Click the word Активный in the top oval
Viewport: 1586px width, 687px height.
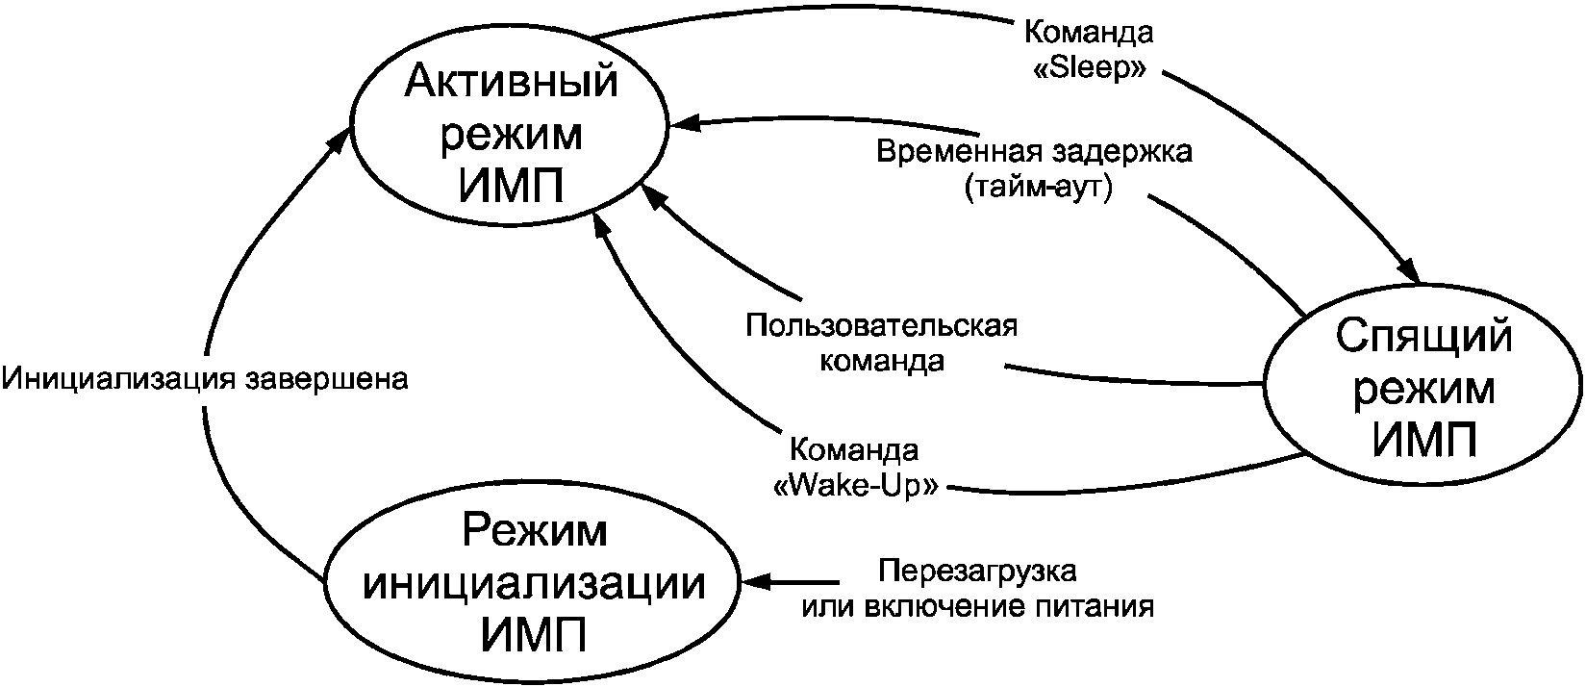pos(512,82)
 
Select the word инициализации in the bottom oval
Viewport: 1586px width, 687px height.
pos(534,585)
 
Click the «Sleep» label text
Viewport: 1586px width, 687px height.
pos(1089,68)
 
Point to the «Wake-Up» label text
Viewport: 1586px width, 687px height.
pos(857,486)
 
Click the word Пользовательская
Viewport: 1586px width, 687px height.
pos(882,326)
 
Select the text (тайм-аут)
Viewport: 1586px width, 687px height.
pos(1038,188)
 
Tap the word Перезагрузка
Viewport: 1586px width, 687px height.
pos(977,571)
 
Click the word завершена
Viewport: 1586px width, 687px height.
pos(326,380)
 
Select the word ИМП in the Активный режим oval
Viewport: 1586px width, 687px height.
pos(512,186)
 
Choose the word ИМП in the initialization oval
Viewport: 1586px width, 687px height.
pos(534,635)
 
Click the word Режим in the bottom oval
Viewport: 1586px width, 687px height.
pos(534,530)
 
